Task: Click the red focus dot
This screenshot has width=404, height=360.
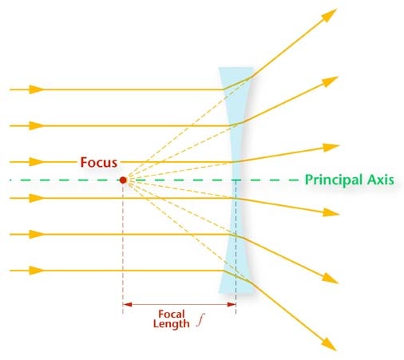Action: [123, 180]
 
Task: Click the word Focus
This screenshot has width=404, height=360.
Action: [99, 162]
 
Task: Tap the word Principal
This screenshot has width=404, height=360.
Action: [334, 180]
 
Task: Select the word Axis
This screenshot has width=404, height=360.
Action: [381, 180]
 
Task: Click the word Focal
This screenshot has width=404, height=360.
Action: [172, 314]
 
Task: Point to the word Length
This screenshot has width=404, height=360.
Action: [172, 324]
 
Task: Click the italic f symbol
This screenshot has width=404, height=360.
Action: [200, 320]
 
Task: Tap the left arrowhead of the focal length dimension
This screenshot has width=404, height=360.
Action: [127, 304]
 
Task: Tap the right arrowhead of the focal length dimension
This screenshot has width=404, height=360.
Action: [232, 304]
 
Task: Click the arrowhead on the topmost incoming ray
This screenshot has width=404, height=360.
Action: [37, 89]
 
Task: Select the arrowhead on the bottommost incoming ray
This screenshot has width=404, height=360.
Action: [37, 271]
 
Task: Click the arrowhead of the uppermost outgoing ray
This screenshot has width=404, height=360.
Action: [329, 15]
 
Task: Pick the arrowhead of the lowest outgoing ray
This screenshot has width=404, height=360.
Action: [329, 345]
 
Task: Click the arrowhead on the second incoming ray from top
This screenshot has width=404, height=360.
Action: [37, 125]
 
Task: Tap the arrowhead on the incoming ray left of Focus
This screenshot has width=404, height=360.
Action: [37, 162]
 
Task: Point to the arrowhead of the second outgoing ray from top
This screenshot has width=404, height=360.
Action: [330, 81]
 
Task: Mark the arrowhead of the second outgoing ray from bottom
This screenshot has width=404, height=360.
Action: [330, 279]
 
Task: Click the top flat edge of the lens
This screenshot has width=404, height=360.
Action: [236, 68]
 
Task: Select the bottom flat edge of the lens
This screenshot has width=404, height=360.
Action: [236, 293]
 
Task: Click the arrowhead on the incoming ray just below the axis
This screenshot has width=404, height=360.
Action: [37, 198]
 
